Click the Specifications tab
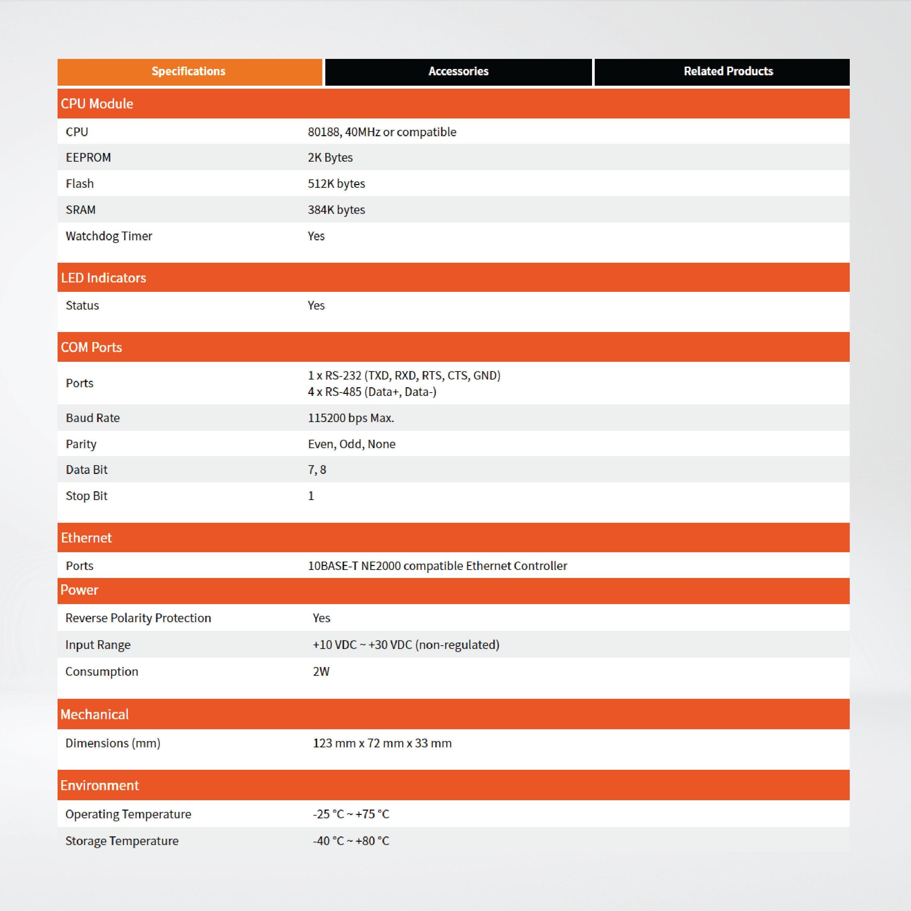[189, 72]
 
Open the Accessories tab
[458, 72]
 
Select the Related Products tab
[728, 72]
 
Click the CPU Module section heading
[97, 104]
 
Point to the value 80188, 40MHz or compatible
[382, 132]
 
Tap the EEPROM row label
[88, 158]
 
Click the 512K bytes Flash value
[336, 183]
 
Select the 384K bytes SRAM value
[336, 210]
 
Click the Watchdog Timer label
[109, 236]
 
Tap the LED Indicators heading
[103, 278]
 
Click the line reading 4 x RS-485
[372, 392]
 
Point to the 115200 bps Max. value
[351, 418]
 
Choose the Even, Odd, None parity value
[351, 444]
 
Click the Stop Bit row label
[87, 496]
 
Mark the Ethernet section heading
[86, 537]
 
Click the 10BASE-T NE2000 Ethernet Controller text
[437, 566]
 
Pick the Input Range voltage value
[406, 645]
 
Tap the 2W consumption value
[321, 671]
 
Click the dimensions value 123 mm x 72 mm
[382, 743]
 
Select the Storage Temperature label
[121, 841]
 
